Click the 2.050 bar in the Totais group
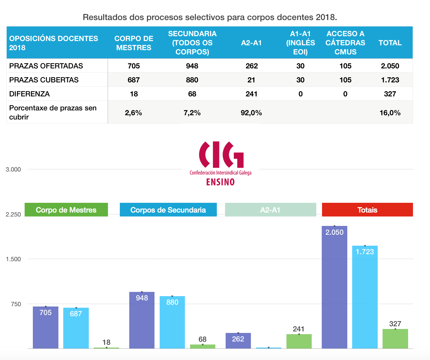pos(334,287)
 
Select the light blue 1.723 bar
pos(365,297)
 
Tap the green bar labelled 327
pos(395,338)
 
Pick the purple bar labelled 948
pos(142,320)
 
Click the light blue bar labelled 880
pos(172,322)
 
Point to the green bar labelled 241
pos(299,341)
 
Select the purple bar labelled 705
pos(46,327)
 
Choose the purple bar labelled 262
pos(238,341)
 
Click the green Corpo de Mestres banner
pos(66,210)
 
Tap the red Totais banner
pos(367,210)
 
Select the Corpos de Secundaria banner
pos(168,210)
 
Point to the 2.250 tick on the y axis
pos(13,214)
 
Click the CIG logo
pos(221,163)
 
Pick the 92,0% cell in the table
pos(251,113)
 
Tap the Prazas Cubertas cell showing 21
pos(251,80)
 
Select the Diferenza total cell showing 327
pos(390,94)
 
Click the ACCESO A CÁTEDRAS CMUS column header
pos(345,43)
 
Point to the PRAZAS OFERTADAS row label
pos(46,66)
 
